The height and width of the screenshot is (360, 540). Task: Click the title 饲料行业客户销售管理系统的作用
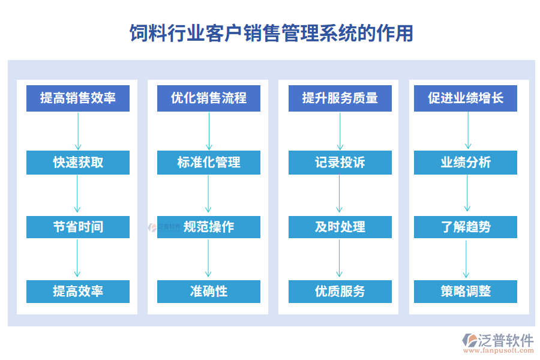point(271,33)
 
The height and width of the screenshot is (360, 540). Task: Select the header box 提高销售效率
point(78,98)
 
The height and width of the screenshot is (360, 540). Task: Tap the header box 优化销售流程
point(209,98)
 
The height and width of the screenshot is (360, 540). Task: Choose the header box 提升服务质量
point(340,98)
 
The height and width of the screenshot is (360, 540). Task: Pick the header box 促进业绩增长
point(466,98)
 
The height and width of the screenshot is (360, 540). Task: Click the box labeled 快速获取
point(78,163)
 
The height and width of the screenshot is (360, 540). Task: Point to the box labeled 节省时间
point(78,227)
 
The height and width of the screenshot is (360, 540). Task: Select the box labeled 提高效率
point(78,291)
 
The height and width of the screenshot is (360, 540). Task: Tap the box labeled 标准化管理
point(209,163)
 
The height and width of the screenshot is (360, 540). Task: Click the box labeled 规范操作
point(209,227)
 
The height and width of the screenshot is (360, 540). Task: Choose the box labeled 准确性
point(209,291)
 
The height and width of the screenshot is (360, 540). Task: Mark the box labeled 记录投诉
point(340,163)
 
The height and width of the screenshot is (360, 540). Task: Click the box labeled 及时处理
point(340,227)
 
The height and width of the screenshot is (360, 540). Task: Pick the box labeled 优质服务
point(340,291)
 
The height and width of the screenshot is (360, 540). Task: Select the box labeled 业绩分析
point(466,163)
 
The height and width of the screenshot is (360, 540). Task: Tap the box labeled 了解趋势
point(466,227)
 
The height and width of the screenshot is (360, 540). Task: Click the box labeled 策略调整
point(466,291)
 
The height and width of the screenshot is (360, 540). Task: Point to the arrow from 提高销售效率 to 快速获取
point(78,131)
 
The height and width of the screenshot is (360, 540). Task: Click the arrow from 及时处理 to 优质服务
point(340,259)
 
